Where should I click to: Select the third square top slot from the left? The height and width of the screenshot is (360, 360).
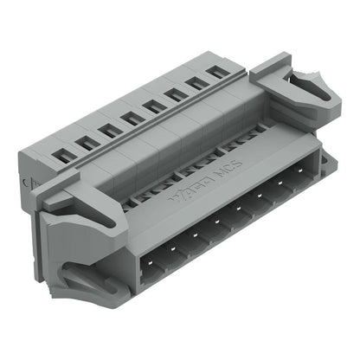coord(109,130)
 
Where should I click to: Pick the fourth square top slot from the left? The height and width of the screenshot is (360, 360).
coord(132,118)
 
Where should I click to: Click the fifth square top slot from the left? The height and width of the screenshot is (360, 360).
coord(153,106)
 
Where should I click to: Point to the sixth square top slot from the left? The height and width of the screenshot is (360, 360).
coord(175,94)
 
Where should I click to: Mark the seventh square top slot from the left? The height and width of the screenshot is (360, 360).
coord(196,83)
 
